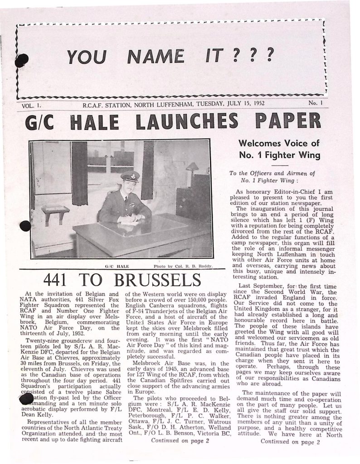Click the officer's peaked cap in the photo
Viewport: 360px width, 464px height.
[131, 176]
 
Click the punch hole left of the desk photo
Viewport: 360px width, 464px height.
[26, 226]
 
